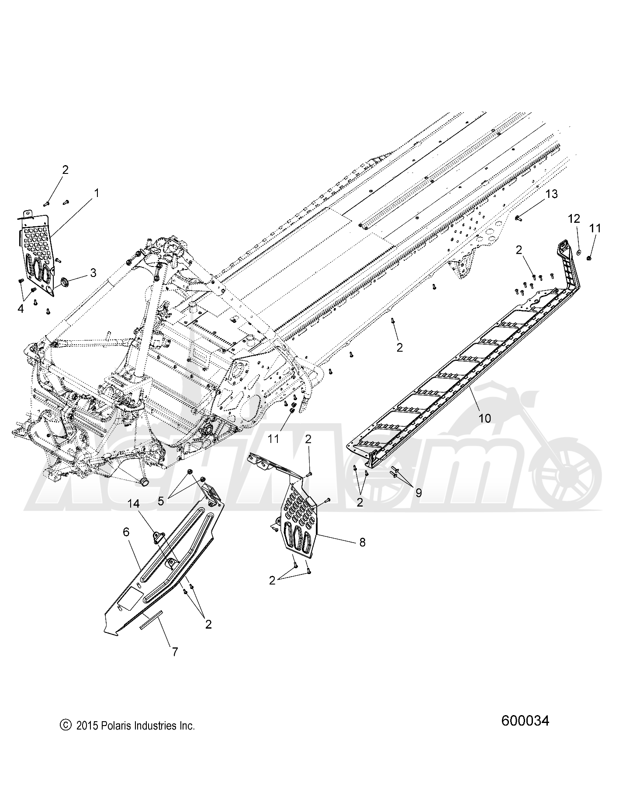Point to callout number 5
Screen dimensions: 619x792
161,501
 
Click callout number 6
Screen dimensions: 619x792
126,532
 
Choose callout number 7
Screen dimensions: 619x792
175,664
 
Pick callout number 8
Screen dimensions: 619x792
362,542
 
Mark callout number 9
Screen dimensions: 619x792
418,493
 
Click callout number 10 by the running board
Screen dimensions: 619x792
485,418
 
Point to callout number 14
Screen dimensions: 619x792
134,504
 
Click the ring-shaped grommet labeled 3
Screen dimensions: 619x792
64,281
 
